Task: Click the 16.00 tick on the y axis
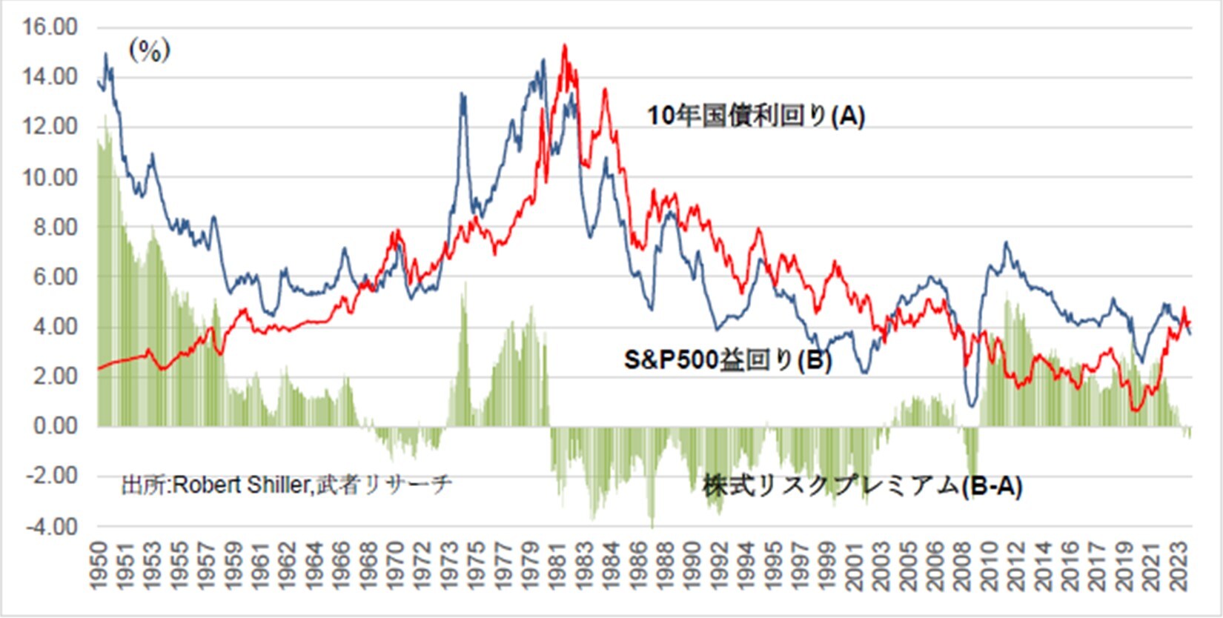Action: point(50,27)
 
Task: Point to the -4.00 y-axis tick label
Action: point(50,527)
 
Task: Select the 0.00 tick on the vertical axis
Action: point(54,426)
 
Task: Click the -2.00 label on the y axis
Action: point(50,476)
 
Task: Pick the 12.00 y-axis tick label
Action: point(50,127)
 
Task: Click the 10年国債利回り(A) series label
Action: point(756,116)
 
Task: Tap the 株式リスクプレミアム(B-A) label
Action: point(862,486)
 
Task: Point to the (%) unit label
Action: point(150,50)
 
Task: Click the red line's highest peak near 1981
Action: point(565,45)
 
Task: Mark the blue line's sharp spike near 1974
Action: point(463,93)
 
